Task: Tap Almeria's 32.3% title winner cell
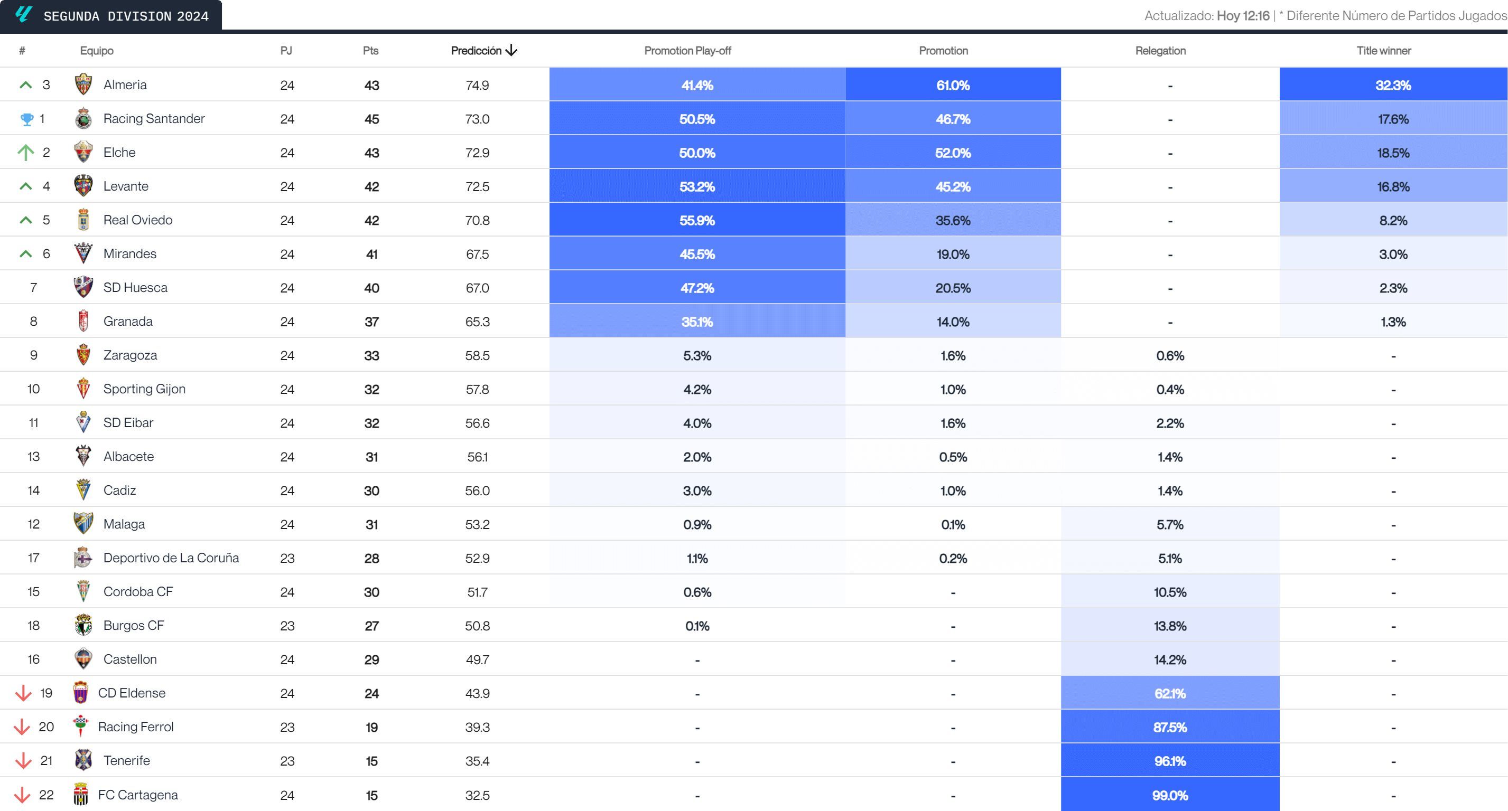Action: (1393, 86)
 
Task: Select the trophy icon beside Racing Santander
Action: (27, 119)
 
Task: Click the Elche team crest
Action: (83, 152)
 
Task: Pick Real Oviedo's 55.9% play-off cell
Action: (696, 221)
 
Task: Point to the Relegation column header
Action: (1160, 51)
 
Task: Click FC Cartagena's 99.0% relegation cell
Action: (1170, 795)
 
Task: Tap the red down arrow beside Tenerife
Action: (23, 761)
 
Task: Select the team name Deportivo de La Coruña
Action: (171, 558)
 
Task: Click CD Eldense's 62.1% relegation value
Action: (1170, 693)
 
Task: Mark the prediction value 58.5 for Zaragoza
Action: (477, 356)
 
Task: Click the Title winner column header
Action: (1383, 51)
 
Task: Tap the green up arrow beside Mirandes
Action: (25, 254)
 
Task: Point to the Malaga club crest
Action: (83, 524)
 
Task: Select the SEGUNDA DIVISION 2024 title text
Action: (126, 16)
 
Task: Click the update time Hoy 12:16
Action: (1243, 16)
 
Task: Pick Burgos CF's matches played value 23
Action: (287, 626)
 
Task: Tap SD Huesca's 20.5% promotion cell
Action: (953, 288)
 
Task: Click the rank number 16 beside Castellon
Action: (33, 659)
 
